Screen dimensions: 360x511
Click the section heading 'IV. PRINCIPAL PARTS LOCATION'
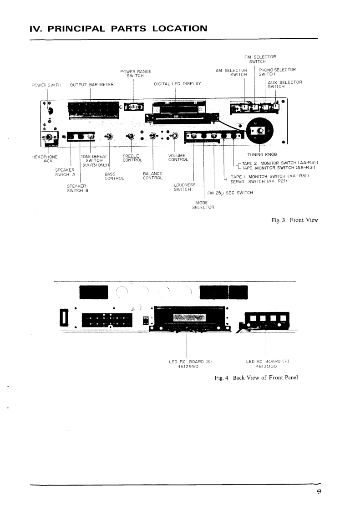point(118,29)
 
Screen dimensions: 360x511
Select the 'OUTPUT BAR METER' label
point(91,84)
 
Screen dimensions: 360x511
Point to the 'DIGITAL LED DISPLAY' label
point(177,84)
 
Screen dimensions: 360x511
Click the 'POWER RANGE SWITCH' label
point(136,73)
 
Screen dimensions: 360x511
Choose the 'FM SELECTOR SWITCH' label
point(260,59)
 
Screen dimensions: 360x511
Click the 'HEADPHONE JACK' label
point(44,158)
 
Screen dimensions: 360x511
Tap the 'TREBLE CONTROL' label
point(132,158)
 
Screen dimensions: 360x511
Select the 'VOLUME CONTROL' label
point(178,158)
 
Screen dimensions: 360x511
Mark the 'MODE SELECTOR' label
point(201,205)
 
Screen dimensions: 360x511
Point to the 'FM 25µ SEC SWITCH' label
point(230,193)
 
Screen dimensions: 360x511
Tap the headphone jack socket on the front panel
point(47,137)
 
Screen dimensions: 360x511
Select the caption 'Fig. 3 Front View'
point(294,220)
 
